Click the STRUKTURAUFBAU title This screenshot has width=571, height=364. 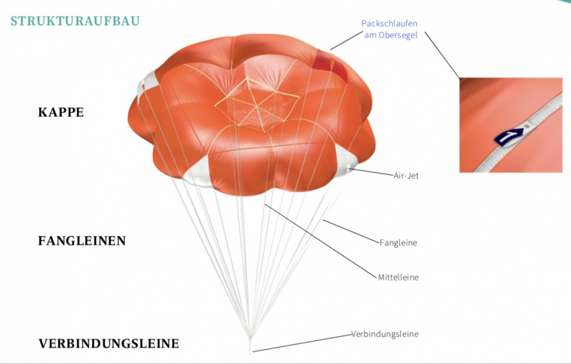coord(75,21)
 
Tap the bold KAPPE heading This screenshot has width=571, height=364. coord(61,112)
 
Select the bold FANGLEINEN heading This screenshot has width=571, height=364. coord(82,241)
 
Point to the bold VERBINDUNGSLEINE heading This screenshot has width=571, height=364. coord(109,343)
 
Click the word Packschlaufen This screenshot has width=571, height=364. coord(389,24)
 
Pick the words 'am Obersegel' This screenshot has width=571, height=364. coord(391,35)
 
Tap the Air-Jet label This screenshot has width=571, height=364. coord(406,175)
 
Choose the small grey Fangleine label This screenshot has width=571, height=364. coord(398,243)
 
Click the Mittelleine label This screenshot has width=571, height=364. coord(398,277)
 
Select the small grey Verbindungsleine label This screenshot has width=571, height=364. coord(385,334)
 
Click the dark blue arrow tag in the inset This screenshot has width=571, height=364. coord(509,136)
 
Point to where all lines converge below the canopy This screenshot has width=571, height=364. coord(250,337)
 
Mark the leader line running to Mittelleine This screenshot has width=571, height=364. coord(321,240)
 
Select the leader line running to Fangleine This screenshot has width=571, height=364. coord(351,231)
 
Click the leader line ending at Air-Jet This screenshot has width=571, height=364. coord(371,172)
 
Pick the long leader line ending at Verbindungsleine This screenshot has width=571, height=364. coord(302,343)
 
